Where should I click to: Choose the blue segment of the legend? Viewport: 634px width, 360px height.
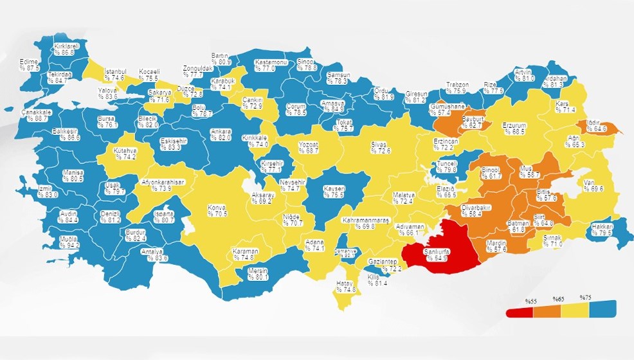coord(602,308)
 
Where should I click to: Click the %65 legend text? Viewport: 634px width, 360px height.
coord(558,298)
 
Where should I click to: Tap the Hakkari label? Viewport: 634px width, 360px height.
coord(602,230)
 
